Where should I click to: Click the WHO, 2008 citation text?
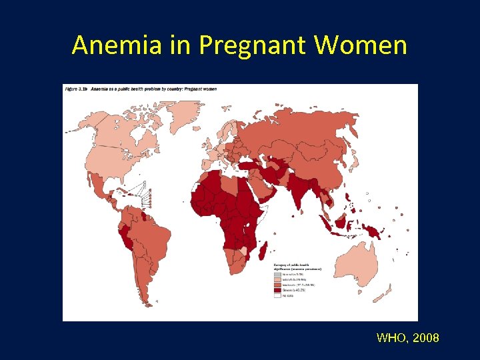point(407,338)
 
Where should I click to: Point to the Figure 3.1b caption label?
point(75,89)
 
